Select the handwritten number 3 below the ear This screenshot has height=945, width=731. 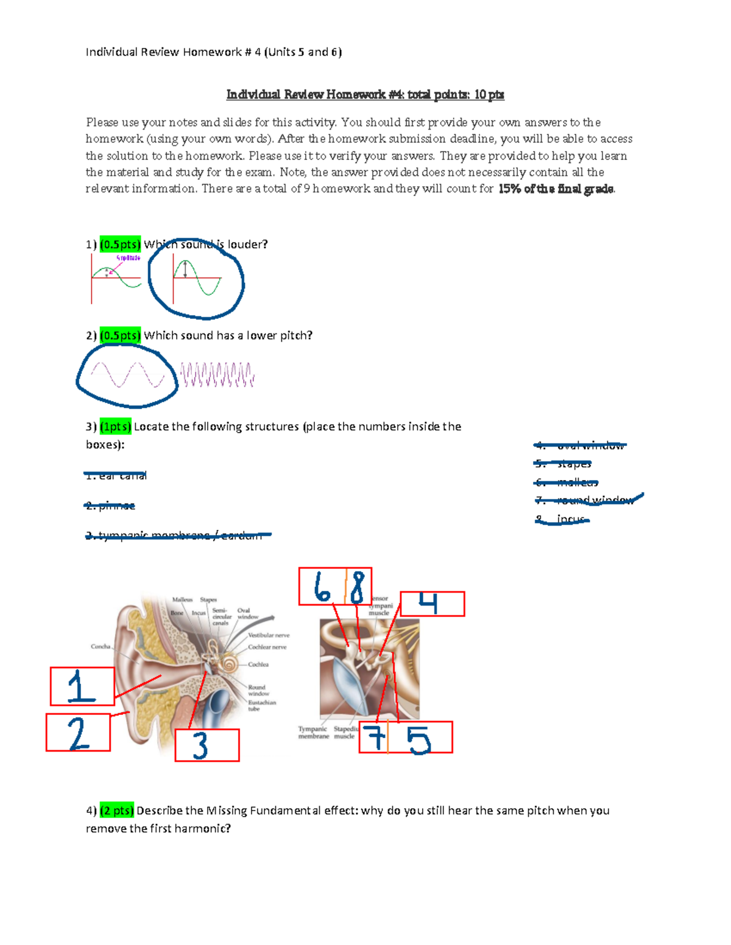coord(200,746)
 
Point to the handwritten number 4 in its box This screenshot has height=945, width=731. coord(428,604)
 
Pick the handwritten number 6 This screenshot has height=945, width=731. coord(322,587)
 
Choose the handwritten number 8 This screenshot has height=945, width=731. coord(358,587)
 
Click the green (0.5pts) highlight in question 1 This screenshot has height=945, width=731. coord(120,244)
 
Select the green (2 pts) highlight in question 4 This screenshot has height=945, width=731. coord(116,811)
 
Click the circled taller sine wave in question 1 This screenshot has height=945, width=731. coord(197,278)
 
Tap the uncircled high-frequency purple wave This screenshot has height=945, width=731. coord(217,375)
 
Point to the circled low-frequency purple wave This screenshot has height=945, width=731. coord(127,375)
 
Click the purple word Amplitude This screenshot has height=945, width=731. coord(128,258)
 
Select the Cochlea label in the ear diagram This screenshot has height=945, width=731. coord(258,664)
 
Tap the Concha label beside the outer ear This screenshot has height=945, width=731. coord(101,646)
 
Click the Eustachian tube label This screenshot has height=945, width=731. coord(261,705)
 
